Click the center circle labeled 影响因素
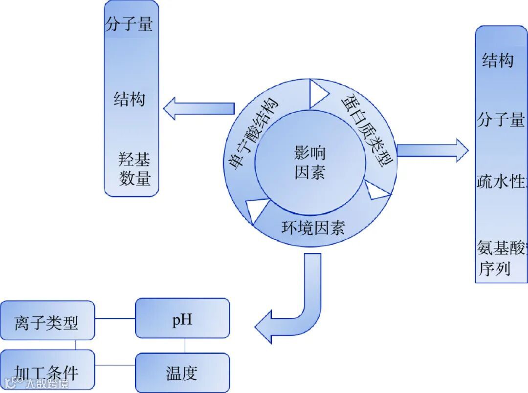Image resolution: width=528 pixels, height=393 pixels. click(x=310, y=163)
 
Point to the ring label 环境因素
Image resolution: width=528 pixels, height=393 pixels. click(x=313, y=228)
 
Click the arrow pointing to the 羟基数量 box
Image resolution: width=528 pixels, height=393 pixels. click(x=199, y=108)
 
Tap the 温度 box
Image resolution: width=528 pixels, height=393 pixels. click(x=182, y=373)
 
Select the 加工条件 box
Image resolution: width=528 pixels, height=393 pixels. click(x=47, y=372)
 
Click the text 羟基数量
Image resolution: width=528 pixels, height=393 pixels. click(x=134, y=169)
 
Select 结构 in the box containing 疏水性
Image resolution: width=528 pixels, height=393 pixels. click(x=498, y=61)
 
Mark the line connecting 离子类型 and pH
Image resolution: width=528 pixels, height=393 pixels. click(x=115, y=318)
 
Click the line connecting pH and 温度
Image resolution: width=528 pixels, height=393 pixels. click(x=185, y=346)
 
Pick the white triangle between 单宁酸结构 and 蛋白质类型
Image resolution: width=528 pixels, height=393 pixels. click(x=318, y=93)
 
